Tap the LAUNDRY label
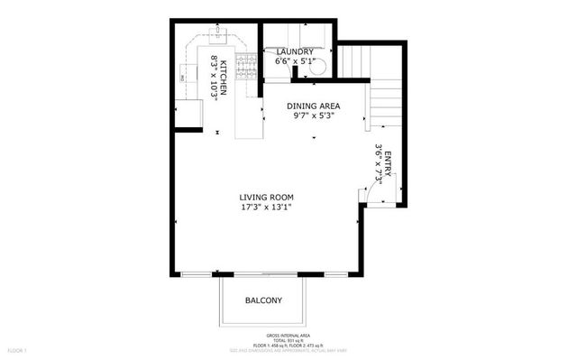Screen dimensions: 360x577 coord(295,51)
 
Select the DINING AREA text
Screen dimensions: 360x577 coord(313,106)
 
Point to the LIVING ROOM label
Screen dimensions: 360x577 coord(266,197)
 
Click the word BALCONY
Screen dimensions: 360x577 coord(264,300)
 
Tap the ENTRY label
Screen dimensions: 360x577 coord(389,167)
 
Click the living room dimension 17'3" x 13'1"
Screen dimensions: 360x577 coord(266,207)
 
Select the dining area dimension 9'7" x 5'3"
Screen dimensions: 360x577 coord(313,115)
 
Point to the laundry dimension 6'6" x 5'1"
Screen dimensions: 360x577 coord(295,60)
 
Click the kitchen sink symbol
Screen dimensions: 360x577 coord(218,33)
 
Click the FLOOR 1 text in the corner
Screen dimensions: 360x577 coord(18,348)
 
